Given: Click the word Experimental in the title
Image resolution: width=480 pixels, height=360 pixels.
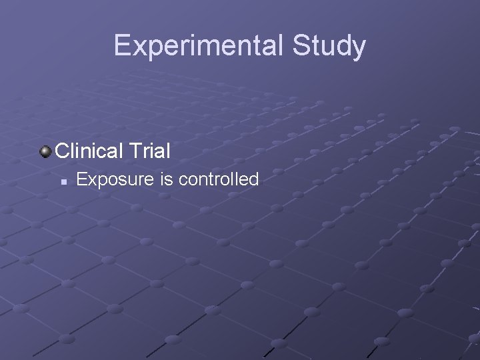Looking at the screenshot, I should click(x=199, y=45).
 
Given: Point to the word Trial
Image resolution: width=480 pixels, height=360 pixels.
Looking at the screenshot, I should click(x=150, y=151).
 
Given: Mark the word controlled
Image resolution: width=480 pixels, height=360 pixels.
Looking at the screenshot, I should click(x=218, y=179).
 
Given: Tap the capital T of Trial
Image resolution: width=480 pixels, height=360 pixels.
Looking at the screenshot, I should click(x=135, y=151).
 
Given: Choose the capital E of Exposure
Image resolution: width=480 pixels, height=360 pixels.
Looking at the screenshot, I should click(x=82, y=179).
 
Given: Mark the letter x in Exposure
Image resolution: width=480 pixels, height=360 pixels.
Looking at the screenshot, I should click(x=91, y=180).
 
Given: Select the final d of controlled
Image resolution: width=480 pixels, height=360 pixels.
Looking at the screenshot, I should click(x=254, y=179).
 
